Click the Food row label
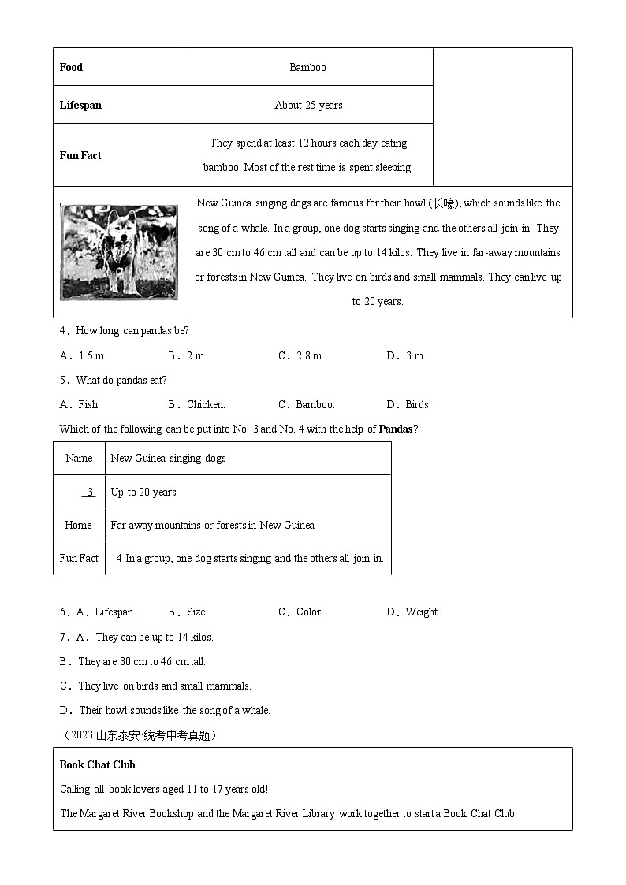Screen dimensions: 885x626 [x=71, y=67]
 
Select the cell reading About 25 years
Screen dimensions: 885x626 [x=308, y=105]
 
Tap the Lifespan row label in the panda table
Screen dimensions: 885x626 [x=80, y=105]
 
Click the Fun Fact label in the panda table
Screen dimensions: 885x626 [x=80, y=155]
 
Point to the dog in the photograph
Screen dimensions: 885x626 [x=120, y=251]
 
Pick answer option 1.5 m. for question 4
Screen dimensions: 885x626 [x=92, y=355]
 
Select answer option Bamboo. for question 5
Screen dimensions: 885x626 [x=315, y=404]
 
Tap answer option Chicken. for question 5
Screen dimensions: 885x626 [x=205, y=404]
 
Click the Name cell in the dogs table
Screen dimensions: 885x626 [x=79, y=458]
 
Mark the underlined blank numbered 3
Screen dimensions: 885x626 [x=89, y=492]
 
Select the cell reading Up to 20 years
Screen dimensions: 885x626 [x=143, y=492]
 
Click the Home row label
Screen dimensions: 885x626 [x=79, y=525]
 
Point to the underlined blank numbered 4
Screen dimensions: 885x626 [x=118, y=558]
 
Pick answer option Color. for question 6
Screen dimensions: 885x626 [x=309, y=612]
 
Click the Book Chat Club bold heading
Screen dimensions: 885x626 [x=98, y=764]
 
